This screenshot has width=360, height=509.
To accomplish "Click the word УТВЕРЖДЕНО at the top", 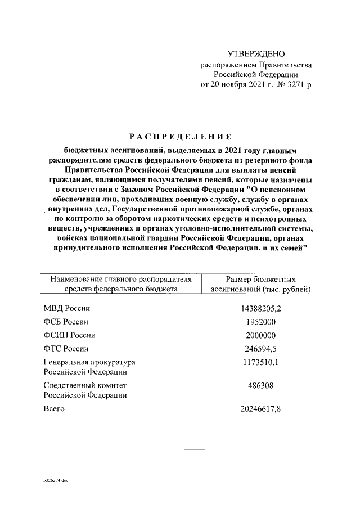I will click(x=256, y=54).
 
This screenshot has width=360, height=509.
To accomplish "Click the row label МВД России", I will click(x=67, y=308).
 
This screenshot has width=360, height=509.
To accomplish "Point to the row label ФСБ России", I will click(x=66, y=322).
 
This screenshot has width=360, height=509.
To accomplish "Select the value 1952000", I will click(x=261, y=322).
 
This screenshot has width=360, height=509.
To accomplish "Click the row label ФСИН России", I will click(x=69, y=335).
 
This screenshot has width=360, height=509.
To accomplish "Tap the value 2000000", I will click(x=261, y=335).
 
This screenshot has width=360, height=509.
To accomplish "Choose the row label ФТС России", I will click(x=66, y=349).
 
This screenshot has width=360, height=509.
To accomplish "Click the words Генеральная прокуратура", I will click(x=89, y=362).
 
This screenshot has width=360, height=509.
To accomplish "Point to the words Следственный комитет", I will click(x=85, y=385).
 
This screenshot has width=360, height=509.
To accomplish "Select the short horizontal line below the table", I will click(x=172, y=449).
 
